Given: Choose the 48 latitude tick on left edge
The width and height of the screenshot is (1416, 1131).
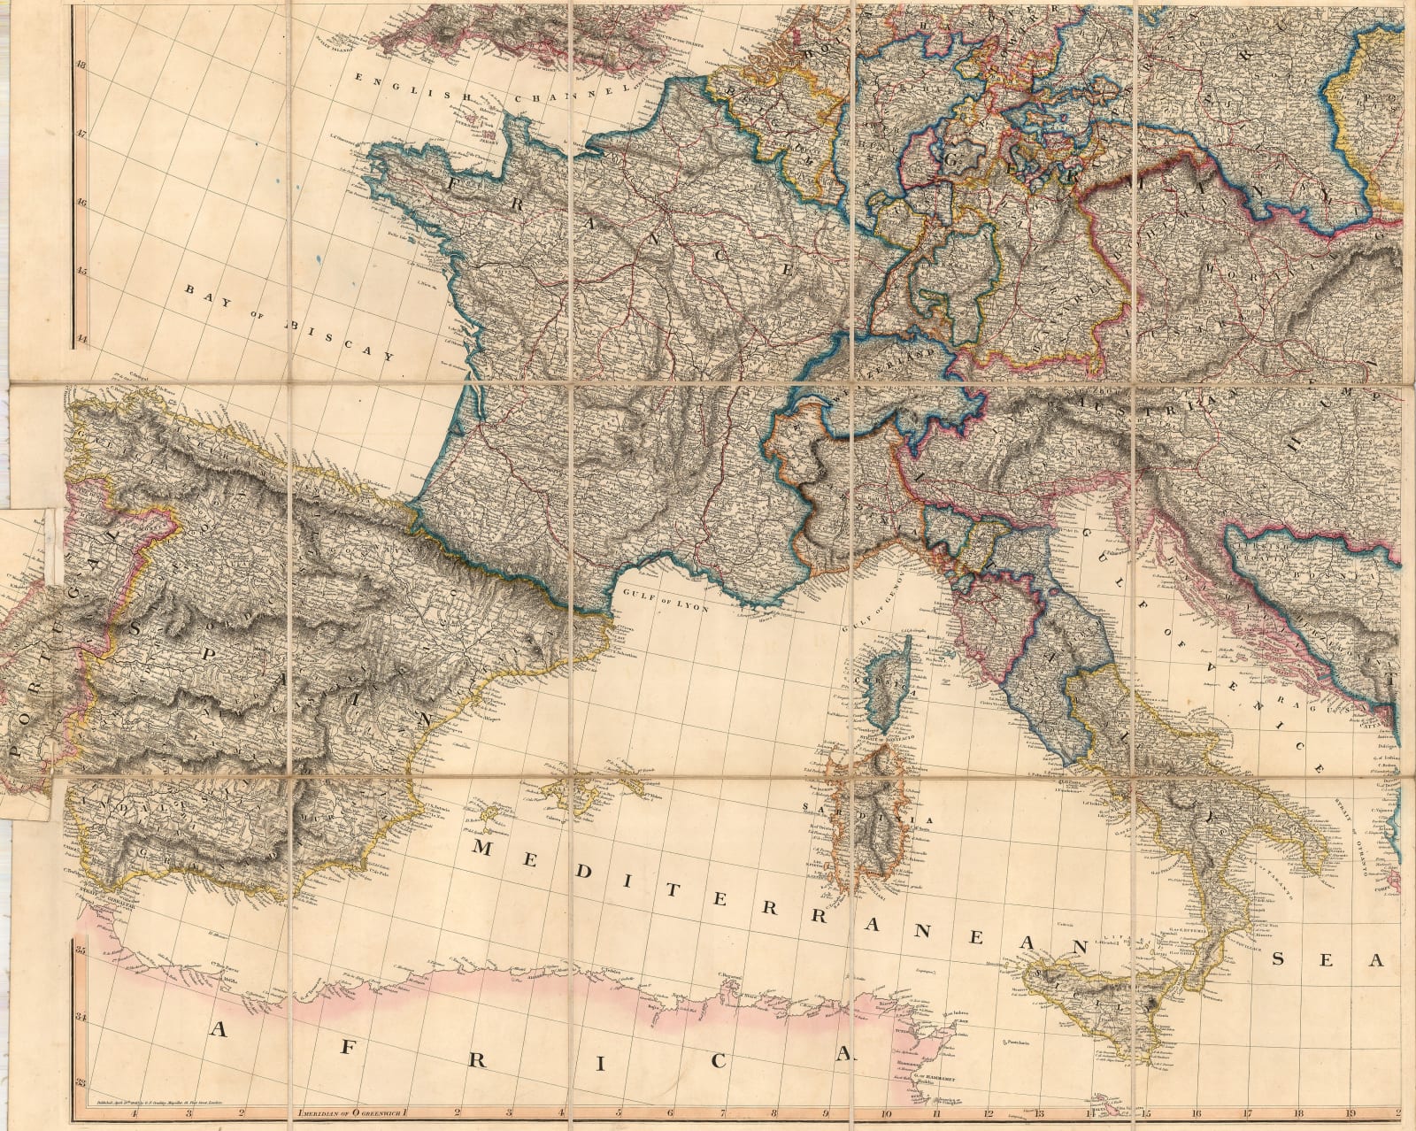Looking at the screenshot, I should [x=81, y=64].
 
